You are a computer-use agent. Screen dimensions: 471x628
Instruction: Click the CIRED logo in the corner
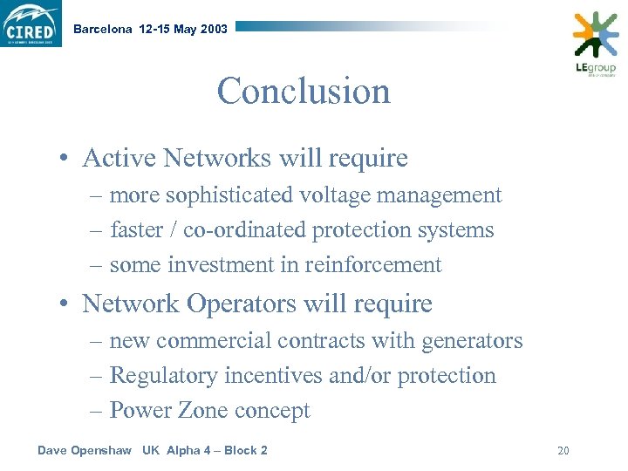click(x=31, y=24)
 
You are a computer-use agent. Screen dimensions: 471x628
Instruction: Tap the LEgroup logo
click(x=595, y=43)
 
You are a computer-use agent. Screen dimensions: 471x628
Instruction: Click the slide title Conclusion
click(x=304, y=91)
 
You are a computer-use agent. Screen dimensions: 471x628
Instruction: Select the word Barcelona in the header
click(x=103, y=29)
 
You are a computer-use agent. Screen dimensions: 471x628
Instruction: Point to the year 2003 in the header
click(x=214, y=29)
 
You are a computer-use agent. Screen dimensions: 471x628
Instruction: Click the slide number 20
click(x=563, y=451)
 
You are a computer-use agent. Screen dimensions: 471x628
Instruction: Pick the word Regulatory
click(x=164, y=376)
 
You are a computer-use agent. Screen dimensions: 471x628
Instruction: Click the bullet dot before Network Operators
click(x=65, y=304)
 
